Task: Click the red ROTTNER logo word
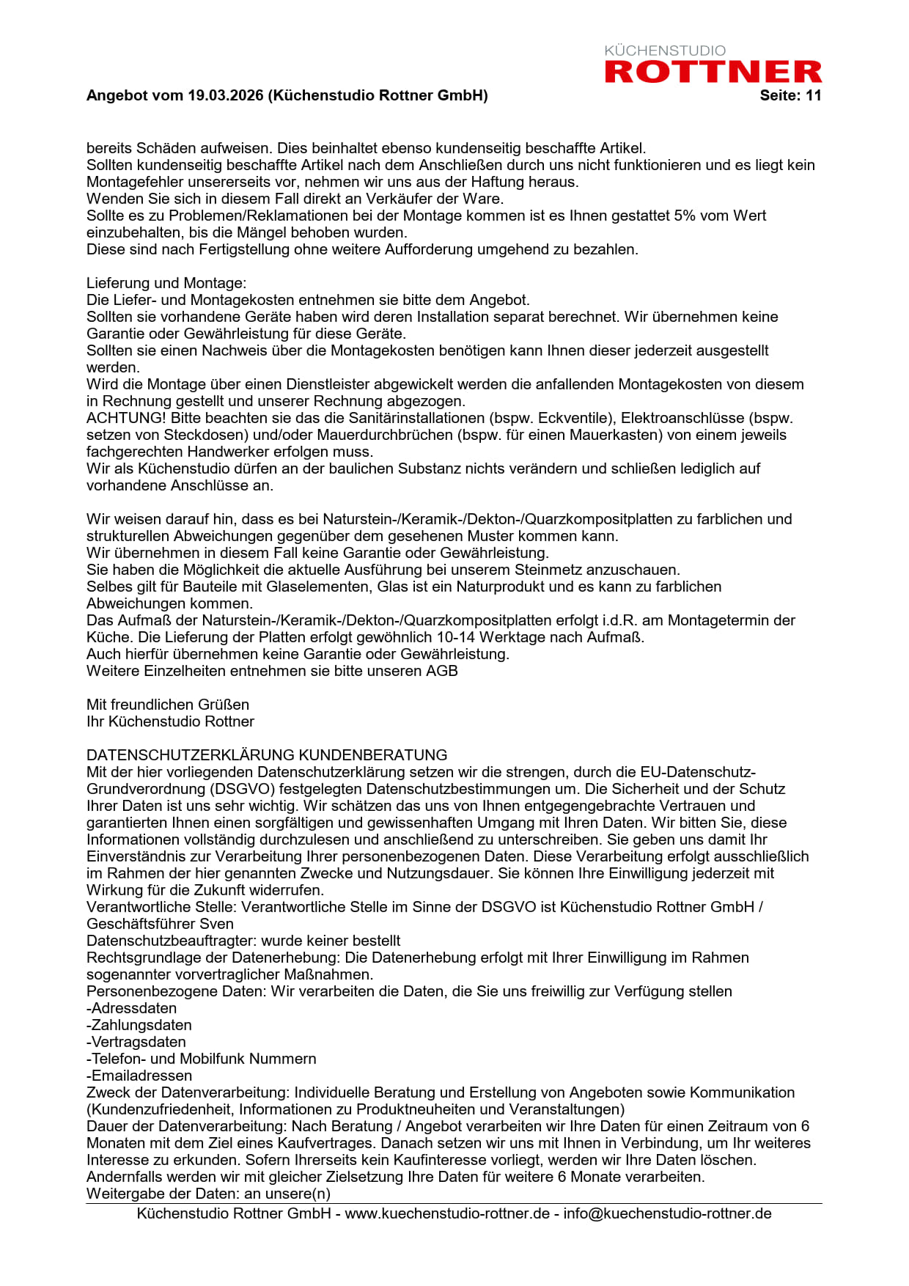coord(713,72)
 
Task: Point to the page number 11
coord(814,95)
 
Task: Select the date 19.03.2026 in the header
coord(225,95)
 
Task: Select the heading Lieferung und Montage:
coord(166,283)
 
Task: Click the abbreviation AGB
coord(442,671)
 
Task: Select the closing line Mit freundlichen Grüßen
coord(168,705)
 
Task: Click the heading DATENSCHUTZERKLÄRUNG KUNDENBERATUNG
coord(267,755)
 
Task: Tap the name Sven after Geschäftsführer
coord(217,924)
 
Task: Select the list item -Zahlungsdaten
coord(139,1025)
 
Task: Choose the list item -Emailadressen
coord(139,1076)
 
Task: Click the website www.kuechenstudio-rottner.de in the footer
coord(447,1213)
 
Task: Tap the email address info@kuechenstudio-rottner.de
coord(667,1213)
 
